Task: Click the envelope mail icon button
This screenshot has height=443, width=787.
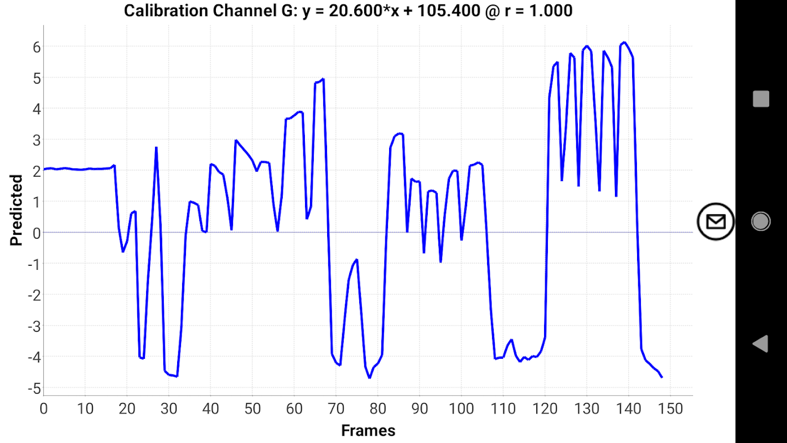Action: pos(716,221)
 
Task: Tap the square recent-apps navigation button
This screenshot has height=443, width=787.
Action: pos(761,99)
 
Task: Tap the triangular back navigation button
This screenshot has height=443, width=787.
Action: pos(760,344)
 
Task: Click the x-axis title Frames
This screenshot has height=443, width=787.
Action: pos(368,431)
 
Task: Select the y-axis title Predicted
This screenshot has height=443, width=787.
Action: pos(17,210)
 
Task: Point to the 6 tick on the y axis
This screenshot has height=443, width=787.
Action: pos(37,47)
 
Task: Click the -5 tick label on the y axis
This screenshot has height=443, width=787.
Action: pos(34,388)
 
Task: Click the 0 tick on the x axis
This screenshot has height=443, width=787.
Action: pos(43,409)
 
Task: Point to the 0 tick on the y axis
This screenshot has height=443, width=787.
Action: pos(37,233)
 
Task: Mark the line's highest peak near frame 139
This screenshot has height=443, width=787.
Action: pos(624,42)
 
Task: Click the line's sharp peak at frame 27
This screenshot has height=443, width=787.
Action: pos(157,147)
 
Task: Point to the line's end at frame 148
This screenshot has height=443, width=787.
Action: pos(662,377)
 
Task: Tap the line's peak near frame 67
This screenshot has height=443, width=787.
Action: pos(323,79)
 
